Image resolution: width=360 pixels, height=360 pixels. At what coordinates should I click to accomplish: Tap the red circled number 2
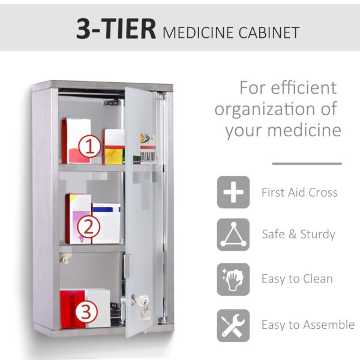coord(88,227)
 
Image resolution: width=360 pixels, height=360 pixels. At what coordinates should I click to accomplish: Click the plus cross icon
coord(233,193)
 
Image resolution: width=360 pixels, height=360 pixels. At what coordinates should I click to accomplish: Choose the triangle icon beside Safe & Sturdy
coord(233,235)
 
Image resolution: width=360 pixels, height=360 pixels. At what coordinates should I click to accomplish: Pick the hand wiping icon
coord(233,279)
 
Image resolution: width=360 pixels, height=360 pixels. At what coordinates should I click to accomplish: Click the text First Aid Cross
coord(299,193)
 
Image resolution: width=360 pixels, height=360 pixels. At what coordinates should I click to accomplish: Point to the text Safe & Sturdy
coord(298,235)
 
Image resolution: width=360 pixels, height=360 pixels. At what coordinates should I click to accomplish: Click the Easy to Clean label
coord(297,279)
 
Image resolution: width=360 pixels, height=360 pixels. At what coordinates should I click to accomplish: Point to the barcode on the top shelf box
coord(148,158)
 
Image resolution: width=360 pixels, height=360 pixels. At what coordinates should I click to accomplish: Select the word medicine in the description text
coord(307,130)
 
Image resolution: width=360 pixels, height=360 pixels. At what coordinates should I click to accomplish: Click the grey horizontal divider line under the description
coord(307,163)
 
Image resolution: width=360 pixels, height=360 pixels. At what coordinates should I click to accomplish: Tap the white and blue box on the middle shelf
coord(106,222)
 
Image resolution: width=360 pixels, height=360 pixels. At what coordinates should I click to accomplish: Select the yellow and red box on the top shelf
coord(114,147)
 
